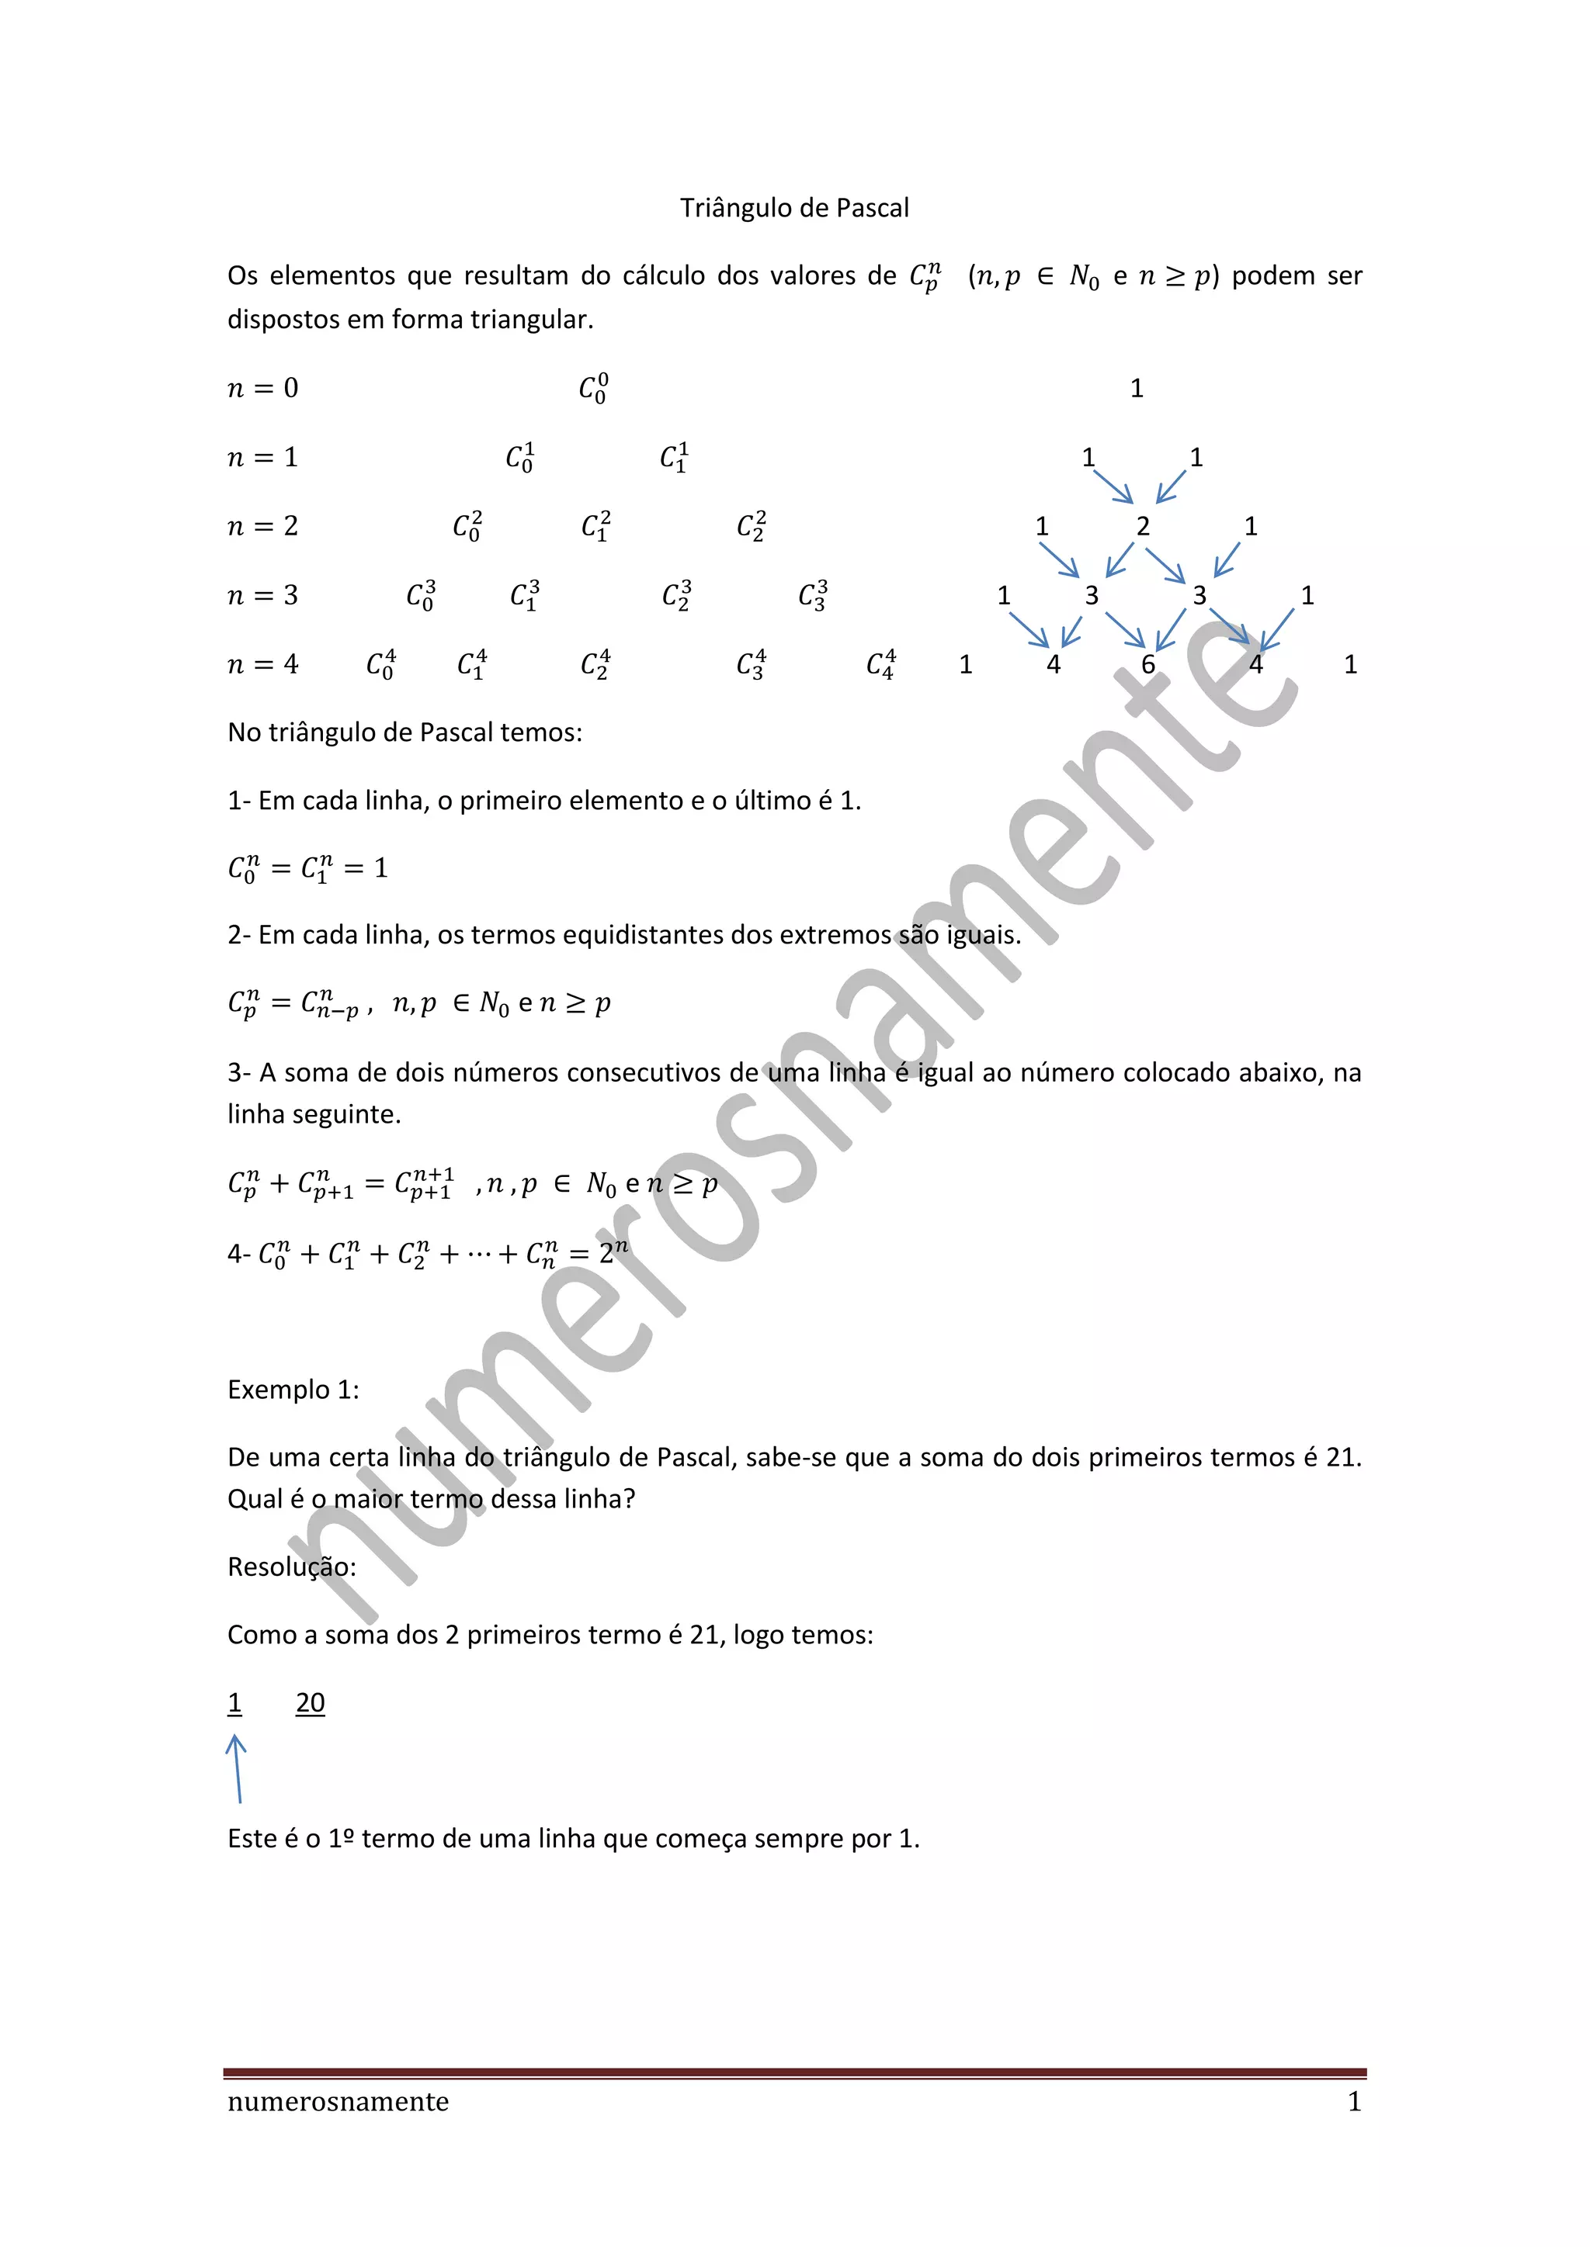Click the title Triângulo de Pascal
coord(794,209)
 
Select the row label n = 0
coord(262,389)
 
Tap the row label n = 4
coord(262,664)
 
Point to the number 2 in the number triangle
coord(1143,527)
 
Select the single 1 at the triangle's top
coord(1137,389)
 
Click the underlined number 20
coord(311,1703)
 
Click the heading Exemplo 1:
coord(293,1390)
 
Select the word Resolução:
coord(292,1567)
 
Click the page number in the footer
coord(1354,2101)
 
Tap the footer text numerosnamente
coord(338,2101)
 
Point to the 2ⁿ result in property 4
coord(613,1252)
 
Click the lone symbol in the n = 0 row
coord(593,389)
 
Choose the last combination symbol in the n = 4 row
coord(881,664)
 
